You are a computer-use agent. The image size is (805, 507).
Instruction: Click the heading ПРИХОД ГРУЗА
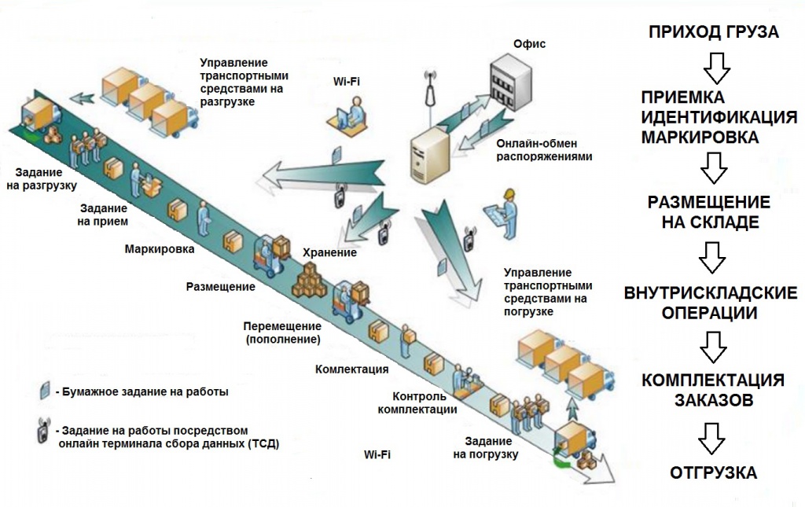713,32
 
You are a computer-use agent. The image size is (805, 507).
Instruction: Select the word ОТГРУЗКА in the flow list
713,473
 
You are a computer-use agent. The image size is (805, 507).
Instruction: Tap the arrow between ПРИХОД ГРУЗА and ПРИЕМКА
714,68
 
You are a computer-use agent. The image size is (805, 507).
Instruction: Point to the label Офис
528,45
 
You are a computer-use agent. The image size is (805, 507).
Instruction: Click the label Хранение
329,253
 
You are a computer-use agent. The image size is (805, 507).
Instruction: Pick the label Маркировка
160,249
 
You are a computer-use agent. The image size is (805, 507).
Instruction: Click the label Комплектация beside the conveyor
351,369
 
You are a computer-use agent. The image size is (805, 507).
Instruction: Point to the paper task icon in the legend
46,391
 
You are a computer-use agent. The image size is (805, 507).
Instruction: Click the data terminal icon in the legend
44,435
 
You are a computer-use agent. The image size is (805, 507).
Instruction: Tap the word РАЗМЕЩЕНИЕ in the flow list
708,202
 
